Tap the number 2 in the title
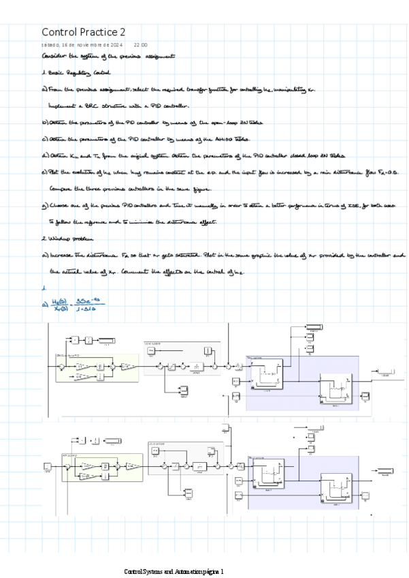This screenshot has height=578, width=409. coord(123,32)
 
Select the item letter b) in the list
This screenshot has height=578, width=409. coord(45,122)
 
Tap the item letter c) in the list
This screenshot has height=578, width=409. coord(45,138)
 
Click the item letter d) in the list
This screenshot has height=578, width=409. coord(45,155)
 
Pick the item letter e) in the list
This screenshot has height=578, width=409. coord(45,172)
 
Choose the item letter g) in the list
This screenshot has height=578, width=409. coord(45,205)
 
